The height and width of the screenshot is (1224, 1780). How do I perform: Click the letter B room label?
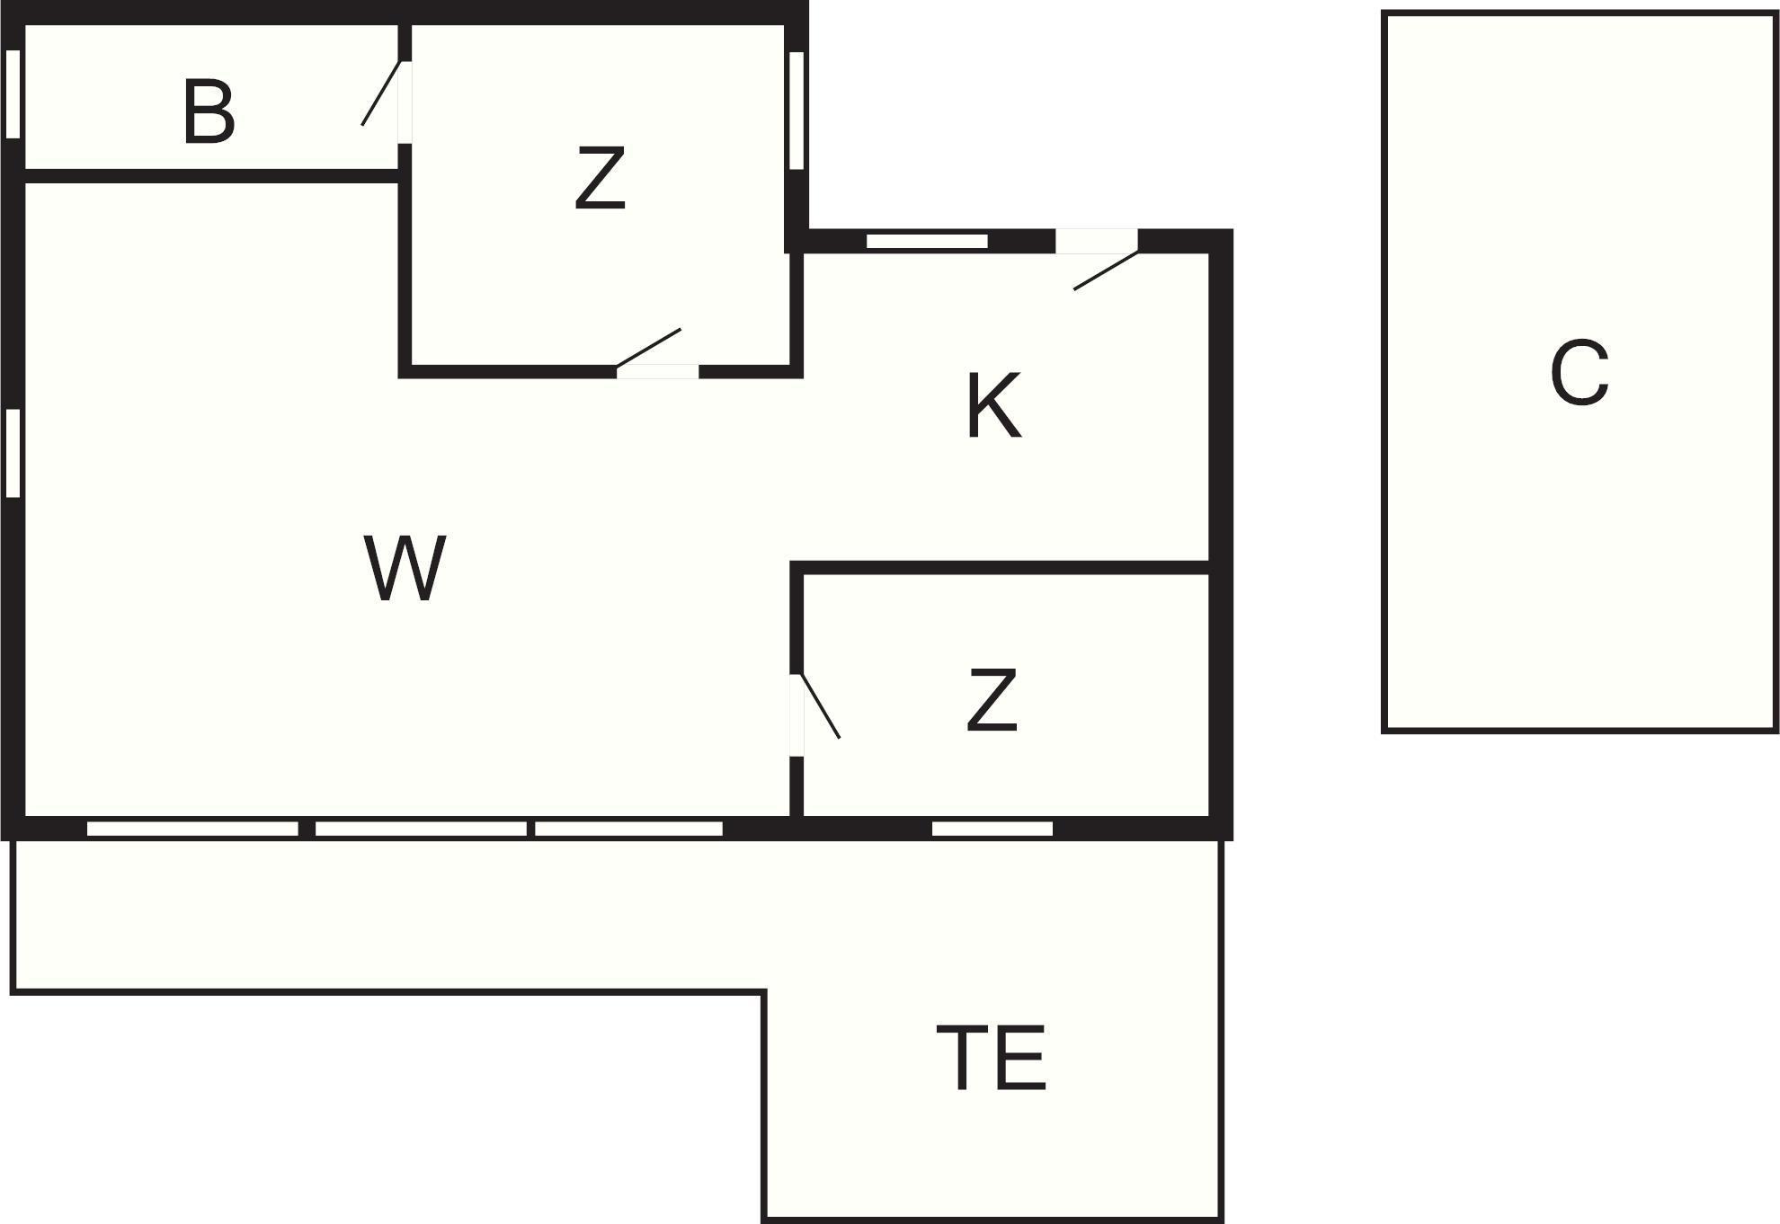[209, 112]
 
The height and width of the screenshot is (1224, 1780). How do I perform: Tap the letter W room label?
[405, 568]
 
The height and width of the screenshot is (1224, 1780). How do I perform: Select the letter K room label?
[994, 406]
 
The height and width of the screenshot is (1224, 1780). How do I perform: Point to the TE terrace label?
[992, 1058]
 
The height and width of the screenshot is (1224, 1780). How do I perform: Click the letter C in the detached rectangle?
[1580, 373]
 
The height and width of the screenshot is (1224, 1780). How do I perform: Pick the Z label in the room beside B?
[600, 179]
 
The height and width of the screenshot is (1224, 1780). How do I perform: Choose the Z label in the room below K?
[992, 699]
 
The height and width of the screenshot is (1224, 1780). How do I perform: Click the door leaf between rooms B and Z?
[380, 93]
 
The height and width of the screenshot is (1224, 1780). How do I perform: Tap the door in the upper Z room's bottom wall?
[648, 348]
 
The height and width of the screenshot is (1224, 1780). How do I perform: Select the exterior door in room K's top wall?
[1107, 271]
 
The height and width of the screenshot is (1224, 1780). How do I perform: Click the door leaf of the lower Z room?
[821, 705]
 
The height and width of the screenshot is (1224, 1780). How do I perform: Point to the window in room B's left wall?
[13, 94]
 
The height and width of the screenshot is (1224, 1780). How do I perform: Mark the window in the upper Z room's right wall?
[797, 111]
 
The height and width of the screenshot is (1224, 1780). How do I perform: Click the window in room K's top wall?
[927, 241]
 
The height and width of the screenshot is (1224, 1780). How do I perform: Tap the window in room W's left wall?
[13, 453]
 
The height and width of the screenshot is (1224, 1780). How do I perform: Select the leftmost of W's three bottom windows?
[192, 829]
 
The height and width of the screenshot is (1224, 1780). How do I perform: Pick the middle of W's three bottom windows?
[421, 829]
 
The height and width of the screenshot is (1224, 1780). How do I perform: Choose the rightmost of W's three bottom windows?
[629, 829]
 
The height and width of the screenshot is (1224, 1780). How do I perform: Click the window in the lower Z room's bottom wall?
[992, 829]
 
